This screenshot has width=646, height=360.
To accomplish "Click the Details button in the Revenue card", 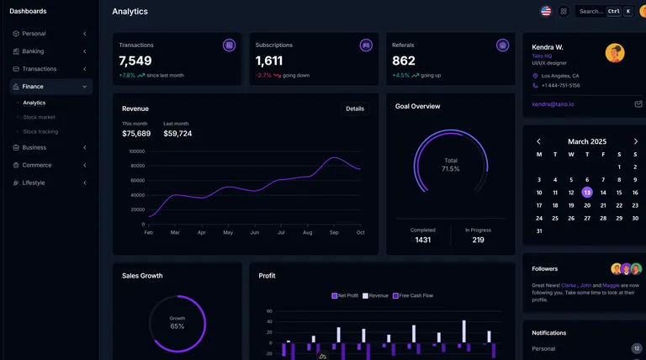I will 355,109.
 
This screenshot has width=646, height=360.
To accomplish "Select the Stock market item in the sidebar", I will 39,117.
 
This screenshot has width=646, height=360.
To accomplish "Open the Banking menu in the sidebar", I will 34,51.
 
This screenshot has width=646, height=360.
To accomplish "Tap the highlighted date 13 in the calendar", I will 587,192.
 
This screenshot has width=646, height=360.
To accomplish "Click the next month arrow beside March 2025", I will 635,141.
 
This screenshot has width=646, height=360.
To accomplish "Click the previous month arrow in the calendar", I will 539,141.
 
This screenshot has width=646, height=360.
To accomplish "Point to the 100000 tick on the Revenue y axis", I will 136,151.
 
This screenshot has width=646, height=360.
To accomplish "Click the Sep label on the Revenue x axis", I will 334,232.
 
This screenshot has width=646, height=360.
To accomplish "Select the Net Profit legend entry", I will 346,295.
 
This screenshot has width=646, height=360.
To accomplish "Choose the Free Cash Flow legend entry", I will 414,295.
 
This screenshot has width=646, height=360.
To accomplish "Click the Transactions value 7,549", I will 135,61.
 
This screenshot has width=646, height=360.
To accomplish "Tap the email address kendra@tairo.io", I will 553,104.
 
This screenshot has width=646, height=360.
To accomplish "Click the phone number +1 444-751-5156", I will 560,85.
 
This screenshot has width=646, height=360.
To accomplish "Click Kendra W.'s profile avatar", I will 615,53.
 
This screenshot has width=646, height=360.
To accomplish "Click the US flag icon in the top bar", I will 546,11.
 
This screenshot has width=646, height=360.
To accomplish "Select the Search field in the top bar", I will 591,11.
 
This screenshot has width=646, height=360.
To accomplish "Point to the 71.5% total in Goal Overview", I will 451,168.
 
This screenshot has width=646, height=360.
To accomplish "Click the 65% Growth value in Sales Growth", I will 177,326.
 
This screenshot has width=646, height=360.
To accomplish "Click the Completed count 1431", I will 423,240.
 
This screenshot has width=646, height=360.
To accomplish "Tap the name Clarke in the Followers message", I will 569,285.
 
